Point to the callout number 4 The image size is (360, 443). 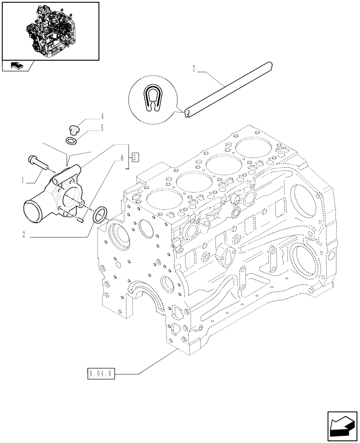[x=102, y=117]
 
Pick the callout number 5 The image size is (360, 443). [x=102, y=128]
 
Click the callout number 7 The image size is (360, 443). [x=193, y=69]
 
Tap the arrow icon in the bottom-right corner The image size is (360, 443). [x=342, y=425]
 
